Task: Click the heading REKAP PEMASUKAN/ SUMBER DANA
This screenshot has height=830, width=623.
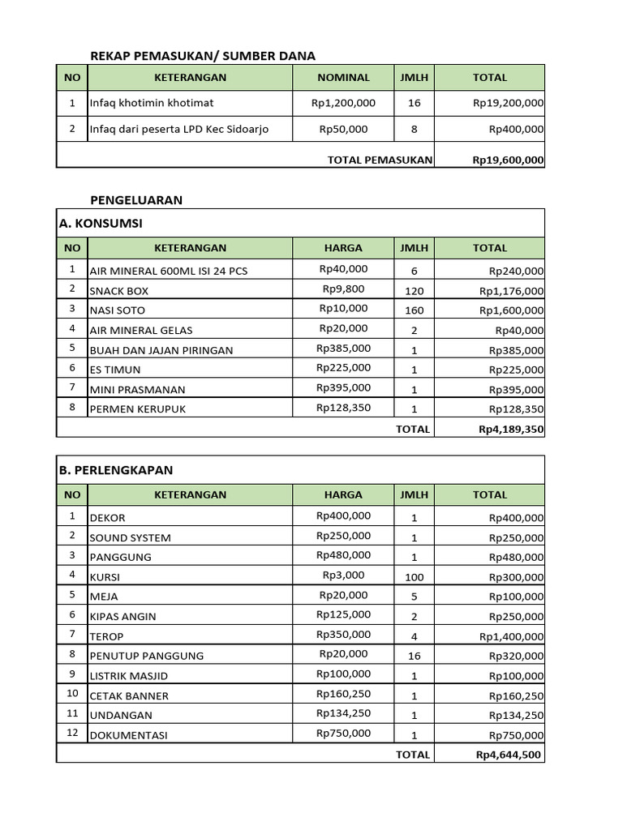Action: pos(203,56)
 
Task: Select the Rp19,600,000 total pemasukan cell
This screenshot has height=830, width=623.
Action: pos(509,160)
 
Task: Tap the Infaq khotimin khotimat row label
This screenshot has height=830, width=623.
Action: pos(152,104)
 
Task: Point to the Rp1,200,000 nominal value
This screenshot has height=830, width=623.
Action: pos(343,103)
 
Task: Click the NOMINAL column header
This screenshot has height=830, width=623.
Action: pos(343,78)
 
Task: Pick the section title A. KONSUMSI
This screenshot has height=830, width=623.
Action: pos(101,223)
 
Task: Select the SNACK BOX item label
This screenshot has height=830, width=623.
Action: pos(119,291)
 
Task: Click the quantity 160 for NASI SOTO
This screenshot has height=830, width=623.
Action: pos(414,310)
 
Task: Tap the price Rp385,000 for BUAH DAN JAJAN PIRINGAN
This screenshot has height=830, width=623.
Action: pos(343,349)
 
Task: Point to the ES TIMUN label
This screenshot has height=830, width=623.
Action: pos(115,370)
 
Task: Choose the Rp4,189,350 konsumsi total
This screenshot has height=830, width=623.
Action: pos(511,430)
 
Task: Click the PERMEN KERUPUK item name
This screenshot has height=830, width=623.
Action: pos(138,409)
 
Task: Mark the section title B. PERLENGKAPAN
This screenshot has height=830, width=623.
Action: pos(116,470)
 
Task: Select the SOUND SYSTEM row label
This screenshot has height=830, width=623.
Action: pos(131,537)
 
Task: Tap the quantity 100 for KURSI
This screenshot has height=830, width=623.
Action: pos(414,576)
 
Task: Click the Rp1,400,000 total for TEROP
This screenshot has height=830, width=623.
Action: pos(512,637)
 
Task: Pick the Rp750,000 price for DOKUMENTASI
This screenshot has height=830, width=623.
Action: pos(343,734)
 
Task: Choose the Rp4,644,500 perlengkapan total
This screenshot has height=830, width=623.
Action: pos(510,755)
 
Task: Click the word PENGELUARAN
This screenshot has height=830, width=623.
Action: pos(136,200)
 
